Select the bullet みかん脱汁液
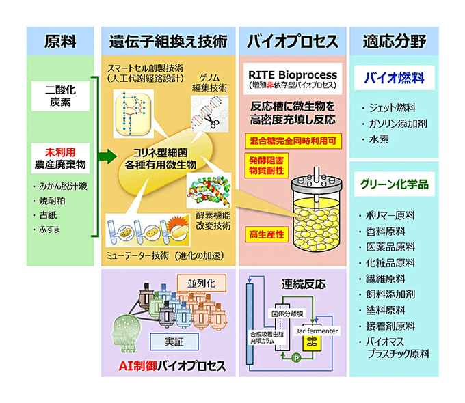[x=64, y=186]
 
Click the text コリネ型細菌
[x=166, y=153]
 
